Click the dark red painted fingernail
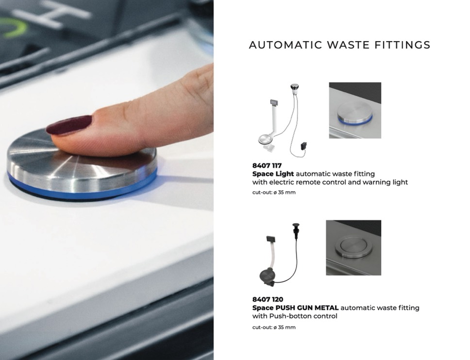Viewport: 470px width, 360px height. (x=69, y=125)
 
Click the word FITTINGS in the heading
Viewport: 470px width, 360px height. (x=402, y=45)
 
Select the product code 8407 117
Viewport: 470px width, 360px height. (x=267, y=165)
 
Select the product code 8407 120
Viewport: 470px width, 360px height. (x=268, y=299)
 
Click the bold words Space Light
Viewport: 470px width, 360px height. (x=273, y=174)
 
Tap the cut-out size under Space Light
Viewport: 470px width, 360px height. (x=274, y=192)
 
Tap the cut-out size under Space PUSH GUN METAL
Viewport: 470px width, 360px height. (x=274, y=327)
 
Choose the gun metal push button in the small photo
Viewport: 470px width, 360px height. (x=353, y=245)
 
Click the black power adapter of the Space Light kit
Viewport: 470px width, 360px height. (x=304, y=146)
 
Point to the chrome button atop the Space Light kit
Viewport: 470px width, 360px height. (x=294, y=88)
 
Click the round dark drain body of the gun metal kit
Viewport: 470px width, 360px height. (x=266, y=275)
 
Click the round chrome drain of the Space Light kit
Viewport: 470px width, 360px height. (x=265, y=139)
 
